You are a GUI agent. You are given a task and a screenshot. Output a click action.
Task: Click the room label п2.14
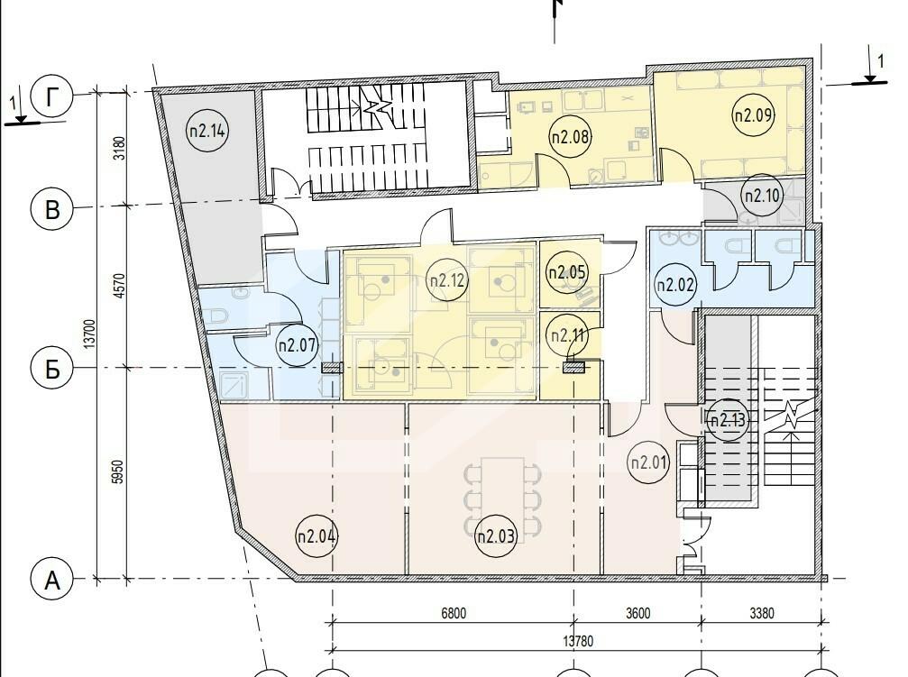pyautogui.click(x=207, y=131)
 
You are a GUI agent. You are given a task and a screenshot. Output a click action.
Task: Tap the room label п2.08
pyautogui.click(x=570, y=137)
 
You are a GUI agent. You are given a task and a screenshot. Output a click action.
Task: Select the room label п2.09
pyautogui.click(x=754, y=114)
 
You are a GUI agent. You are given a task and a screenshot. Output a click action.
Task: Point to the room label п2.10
pyautogui.click(x=763, y=195)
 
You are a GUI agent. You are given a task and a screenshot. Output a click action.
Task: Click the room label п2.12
pyautogui.click(x=447, y=281)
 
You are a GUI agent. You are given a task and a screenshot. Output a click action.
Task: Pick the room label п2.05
pyautogui.click(x=567, y=271)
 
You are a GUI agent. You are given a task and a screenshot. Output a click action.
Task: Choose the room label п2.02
pyautogui.click(x=675, y=284)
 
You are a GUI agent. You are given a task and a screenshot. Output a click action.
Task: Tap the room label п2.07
pyautogui.click(x=298, y=345)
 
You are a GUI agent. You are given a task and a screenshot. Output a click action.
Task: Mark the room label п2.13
pyautogui.click(x=728, y=420)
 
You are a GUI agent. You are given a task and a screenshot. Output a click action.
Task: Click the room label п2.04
pyautogui.click(x=316, y=535)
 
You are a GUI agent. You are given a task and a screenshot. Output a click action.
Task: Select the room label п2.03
pyautogui.click(x=496, y=535)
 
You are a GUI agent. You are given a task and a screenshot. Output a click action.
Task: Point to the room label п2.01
pyautogui.click(x=648, y=462)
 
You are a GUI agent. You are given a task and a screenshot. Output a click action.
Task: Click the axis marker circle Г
pyautogui.click(x=52, y=97)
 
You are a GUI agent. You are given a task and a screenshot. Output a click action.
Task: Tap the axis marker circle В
pyautogui.click(x=51, y=208)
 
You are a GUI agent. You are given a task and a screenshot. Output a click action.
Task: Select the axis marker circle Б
pyautogui.click(x=52, y=369)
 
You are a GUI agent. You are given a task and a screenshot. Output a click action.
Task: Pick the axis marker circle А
pyautogui.click(x=52, y=579)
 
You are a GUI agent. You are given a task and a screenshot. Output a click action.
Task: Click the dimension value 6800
pyautogui.click(x=454, y=613)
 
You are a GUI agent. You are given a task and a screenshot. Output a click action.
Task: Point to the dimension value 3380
pyautogui.click(x=762, y=613)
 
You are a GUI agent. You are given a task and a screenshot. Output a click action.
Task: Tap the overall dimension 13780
pyautogui.click(x=578, y=641)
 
